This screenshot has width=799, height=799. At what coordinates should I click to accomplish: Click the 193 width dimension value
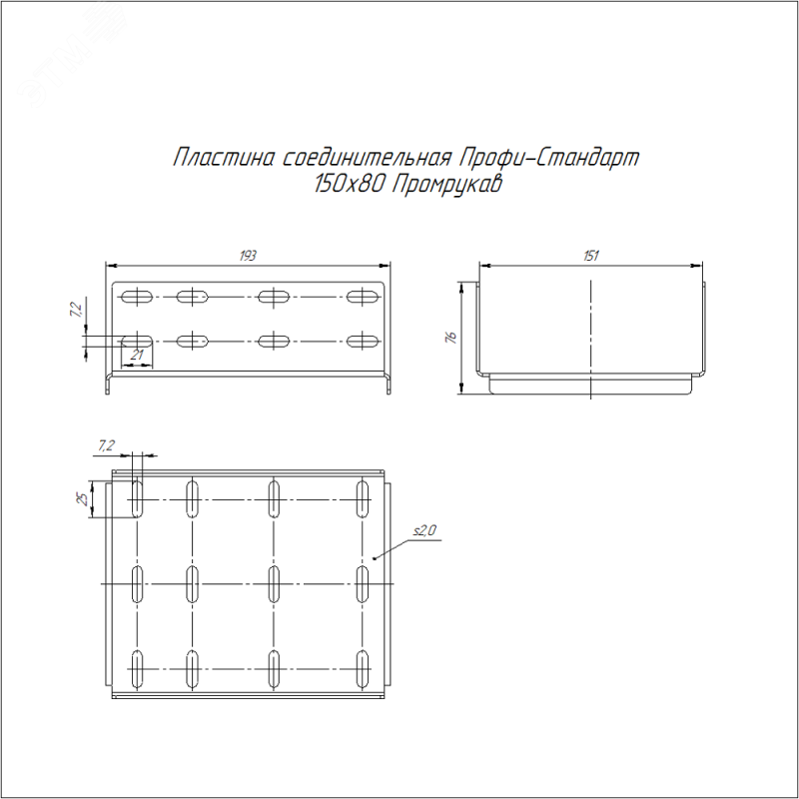tap(248, 256)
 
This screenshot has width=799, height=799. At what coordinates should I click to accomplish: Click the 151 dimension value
tap(590, 256)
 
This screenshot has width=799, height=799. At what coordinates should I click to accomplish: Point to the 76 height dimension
tap(451, 337)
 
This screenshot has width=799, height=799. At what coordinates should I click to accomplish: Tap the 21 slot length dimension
tap(137, 355)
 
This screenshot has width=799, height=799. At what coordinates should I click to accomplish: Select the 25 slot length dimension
tap(82, 498)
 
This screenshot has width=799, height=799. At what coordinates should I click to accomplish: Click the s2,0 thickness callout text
tap(424, 531)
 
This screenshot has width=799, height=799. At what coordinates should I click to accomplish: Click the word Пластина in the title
tap(224, 158)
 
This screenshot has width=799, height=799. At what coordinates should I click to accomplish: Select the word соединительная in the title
tap(367, 158)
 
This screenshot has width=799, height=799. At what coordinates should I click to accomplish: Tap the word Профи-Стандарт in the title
tap(548, 158)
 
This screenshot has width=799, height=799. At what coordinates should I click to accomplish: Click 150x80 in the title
tap(349, 184)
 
